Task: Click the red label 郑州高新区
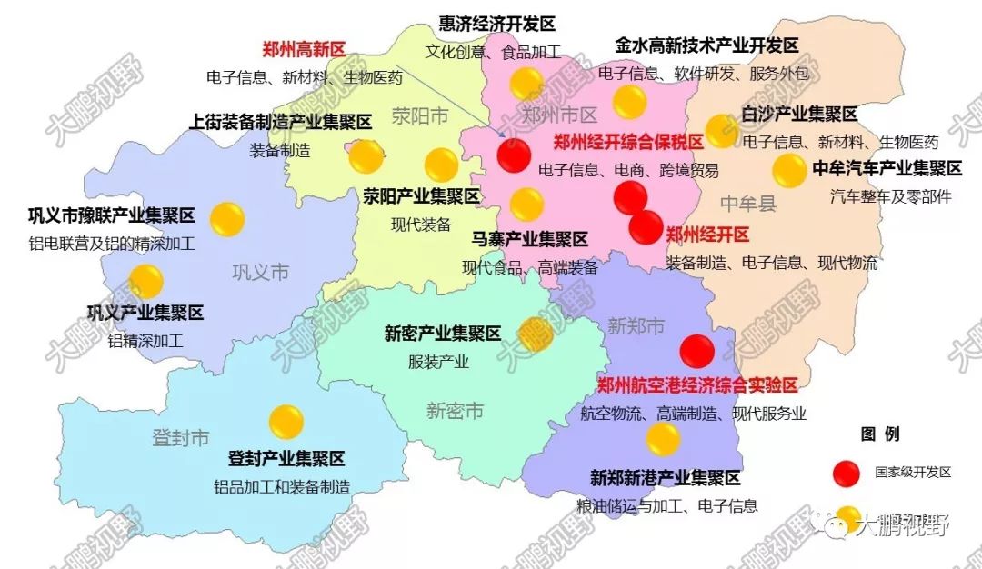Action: pos(304,50)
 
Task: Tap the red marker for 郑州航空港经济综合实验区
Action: pos(697,352)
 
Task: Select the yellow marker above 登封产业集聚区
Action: pos(286,421)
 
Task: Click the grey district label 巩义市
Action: pos(261,272)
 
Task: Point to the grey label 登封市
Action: pos(181,438)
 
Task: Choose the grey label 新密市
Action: pos(455,411)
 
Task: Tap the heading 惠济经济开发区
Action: pos(496,25)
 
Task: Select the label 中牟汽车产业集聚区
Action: pos(887,168)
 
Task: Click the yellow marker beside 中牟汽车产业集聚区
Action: pos(788,170)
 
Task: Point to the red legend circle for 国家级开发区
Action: pos(847,473)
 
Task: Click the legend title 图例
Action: pos(879,434)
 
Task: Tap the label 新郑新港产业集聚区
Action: pos(666,478)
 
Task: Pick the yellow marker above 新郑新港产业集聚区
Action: pos(663,439)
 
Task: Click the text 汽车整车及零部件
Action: pos(891,195)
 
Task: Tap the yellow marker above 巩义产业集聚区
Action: pos(145,281)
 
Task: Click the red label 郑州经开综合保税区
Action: pos(629,143)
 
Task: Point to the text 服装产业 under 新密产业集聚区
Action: pos(439,362)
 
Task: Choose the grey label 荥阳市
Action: pos(420,115)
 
